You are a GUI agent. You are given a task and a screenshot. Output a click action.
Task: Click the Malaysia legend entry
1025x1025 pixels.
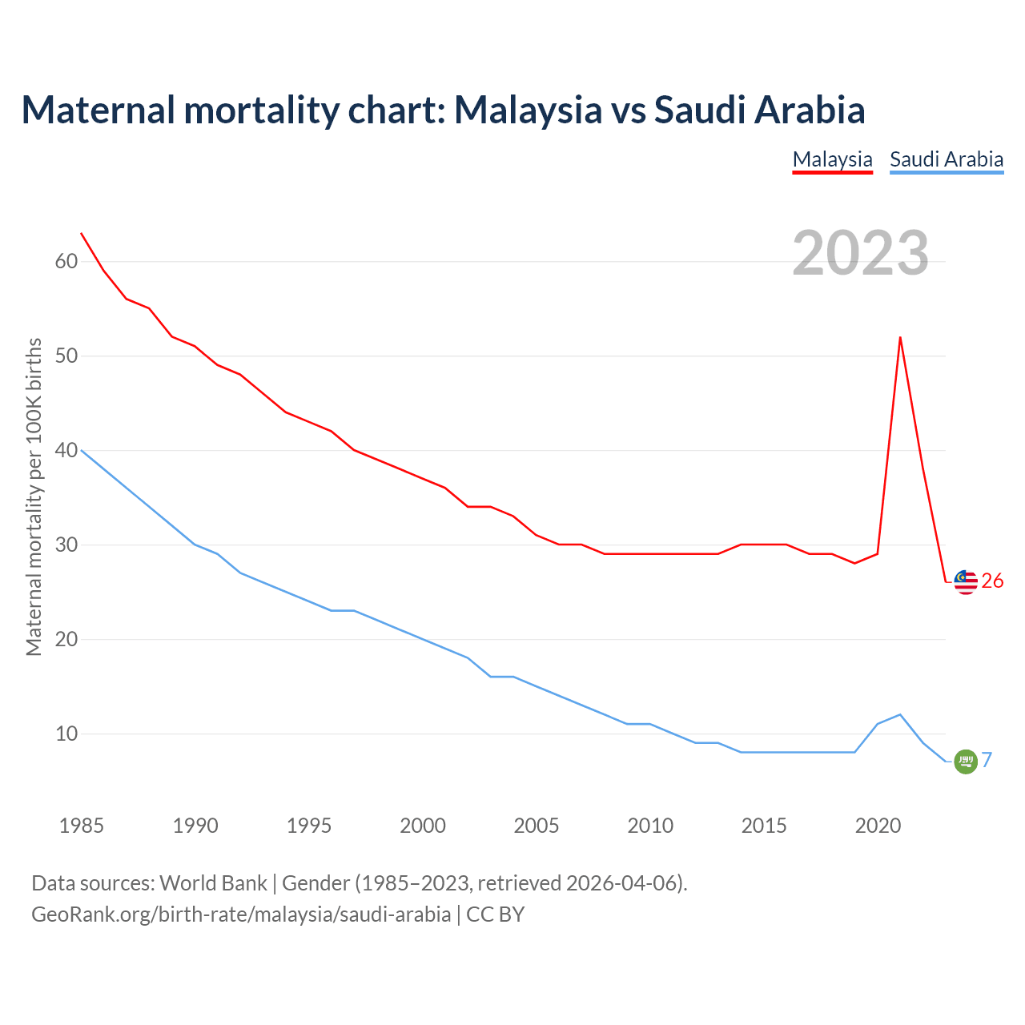click(832, 159)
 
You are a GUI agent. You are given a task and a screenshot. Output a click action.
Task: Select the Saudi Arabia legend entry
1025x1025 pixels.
click(947, 159)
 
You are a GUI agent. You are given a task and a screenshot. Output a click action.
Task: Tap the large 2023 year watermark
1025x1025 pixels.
click(860, 253)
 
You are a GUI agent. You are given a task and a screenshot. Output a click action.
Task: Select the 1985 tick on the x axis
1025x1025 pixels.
click(82, 826)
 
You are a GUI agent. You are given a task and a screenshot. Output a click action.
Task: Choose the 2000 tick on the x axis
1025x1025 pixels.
click(423, 826)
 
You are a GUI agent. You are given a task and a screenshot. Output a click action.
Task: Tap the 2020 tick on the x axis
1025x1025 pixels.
click(878, 826)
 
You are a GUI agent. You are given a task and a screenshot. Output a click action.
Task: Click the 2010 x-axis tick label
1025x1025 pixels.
click(650, 826)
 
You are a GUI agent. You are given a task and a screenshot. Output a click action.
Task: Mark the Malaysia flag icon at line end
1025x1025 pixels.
click(966, 582)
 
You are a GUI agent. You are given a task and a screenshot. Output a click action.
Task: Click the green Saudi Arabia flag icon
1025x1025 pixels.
click(966, 762)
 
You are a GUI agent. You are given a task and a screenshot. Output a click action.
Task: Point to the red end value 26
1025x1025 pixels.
click(992, 581)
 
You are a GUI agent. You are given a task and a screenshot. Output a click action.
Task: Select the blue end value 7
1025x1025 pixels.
click(987, 761)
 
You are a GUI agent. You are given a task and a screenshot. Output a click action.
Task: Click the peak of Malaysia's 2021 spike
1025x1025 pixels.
click(900, 337)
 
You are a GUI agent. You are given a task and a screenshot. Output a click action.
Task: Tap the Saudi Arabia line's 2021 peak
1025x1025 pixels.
click(900, 714)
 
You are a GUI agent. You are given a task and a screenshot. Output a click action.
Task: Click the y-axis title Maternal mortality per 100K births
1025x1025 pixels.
click(34, 496)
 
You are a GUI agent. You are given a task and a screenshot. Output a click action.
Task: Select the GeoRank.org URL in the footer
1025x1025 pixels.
click(241, 914)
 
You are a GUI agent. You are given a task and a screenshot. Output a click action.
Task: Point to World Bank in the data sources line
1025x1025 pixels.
click(213, 883)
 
